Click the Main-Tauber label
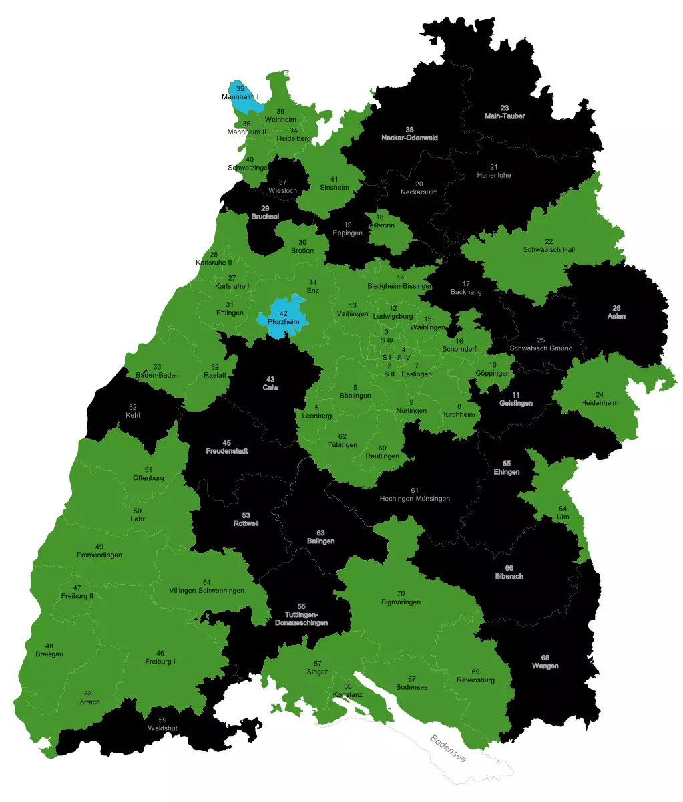click(505, 116)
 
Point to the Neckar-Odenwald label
click(409, 138)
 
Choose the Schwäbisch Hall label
click(549, 249)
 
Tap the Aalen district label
click(616, 316)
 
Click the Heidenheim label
click(599, 402)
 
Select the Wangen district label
click(545, 666)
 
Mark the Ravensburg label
click(475, 680)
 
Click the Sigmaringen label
click(401, 601)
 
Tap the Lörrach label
click(88, 702)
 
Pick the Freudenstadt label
click(226, 450)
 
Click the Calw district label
click(270, 387)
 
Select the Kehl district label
click(132, 415)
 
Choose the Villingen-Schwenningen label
click(206, 591)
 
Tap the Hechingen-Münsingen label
click(415, 498)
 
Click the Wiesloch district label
click(282, 190)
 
